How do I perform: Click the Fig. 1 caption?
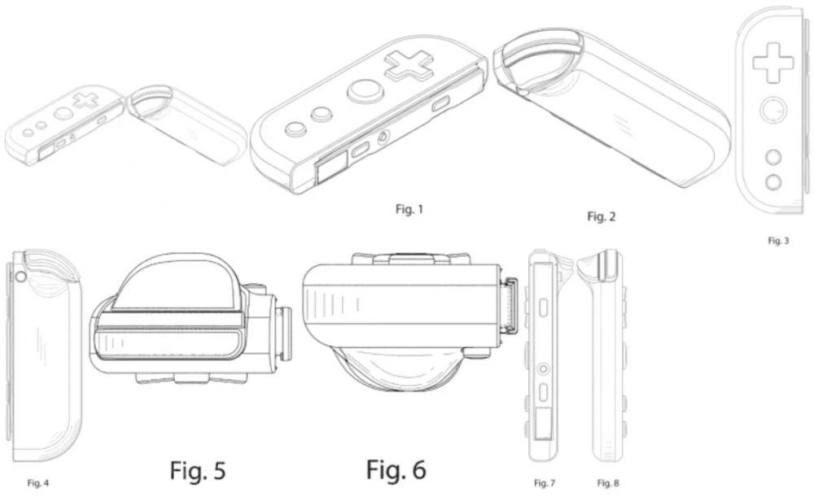pyautogui.click(x=409, y=209)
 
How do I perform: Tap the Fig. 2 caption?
pyautogui.click(x=602, y=216)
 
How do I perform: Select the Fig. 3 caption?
pyautogui.click(x=778, y=241)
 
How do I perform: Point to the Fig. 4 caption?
pyautogui.click(x=38, y=483)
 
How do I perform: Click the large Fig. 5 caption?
pyautogui.click(x=198, y=470)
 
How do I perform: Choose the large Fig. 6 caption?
pyautogui.click(x=396, y=469)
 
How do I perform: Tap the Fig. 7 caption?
pyautogui.click(x=544, y=483)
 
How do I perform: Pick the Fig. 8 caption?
pyautogui.click(x=608, y=483)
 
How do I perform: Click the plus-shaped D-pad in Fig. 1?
pyautogui.click(x=409, y=65)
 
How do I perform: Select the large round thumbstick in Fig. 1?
pyautogui.click(x=365, y=91)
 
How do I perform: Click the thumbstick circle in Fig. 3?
pyautogui.click(x=773, y=111)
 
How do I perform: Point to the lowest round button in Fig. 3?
pyautogui.click(x=773, y=181)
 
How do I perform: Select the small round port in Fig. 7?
pyautogui.click(x=543, y=368)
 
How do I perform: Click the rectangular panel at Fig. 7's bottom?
pyautogui.click(x=543, y=423)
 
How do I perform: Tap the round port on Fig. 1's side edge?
pyautogui.click(x=384, y=138)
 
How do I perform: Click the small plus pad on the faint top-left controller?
pyautogui.click(x=86, y=99)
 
